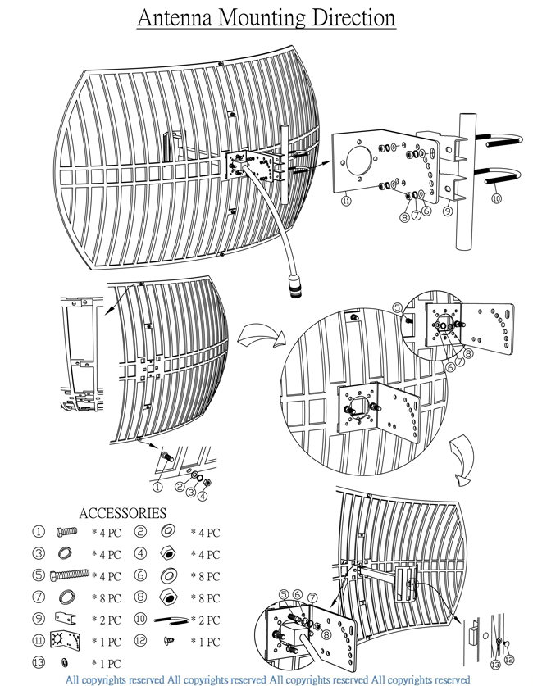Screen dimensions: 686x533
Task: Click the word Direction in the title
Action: click(347, 17)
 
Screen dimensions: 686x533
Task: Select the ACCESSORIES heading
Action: click(122, 513)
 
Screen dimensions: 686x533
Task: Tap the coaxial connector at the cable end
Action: click(293, 287)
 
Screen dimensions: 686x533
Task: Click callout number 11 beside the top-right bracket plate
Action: click(345, 199)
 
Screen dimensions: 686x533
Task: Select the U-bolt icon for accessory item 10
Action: click(170, 618)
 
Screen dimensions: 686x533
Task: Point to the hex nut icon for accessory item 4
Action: click(166, 554)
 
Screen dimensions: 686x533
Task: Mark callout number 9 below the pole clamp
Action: click(448, 210)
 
